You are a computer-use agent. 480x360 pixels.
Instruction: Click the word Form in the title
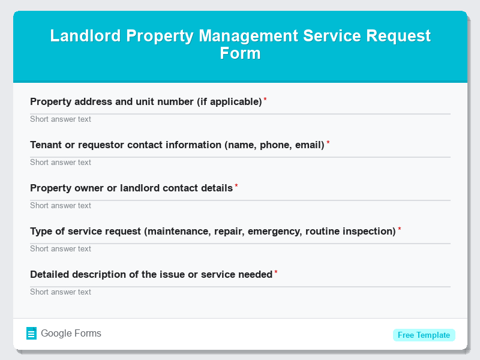point(240,53)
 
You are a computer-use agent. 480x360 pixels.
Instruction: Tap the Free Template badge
point(424,335)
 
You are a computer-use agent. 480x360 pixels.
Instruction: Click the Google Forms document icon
point(32,334)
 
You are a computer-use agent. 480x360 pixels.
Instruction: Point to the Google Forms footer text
point(71,334)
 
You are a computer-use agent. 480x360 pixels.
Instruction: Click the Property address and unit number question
point(146,101)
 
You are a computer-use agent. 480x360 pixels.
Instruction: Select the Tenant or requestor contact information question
point(177,145)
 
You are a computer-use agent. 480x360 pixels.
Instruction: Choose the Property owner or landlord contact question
point(131,188)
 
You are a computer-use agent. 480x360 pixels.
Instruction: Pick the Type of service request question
point(213,231)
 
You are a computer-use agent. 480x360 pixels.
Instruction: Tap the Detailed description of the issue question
point(151,274)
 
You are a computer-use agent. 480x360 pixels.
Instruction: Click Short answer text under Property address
point(61,119)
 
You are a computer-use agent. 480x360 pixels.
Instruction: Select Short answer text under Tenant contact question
point(61,163)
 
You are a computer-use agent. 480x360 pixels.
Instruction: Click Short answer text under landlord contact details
point(61,206)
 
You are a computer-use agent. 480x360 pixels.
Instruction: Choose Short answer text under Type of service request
point(61,249)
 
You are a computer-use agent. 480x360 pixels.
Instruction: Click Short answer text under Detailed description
point(61,292)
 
